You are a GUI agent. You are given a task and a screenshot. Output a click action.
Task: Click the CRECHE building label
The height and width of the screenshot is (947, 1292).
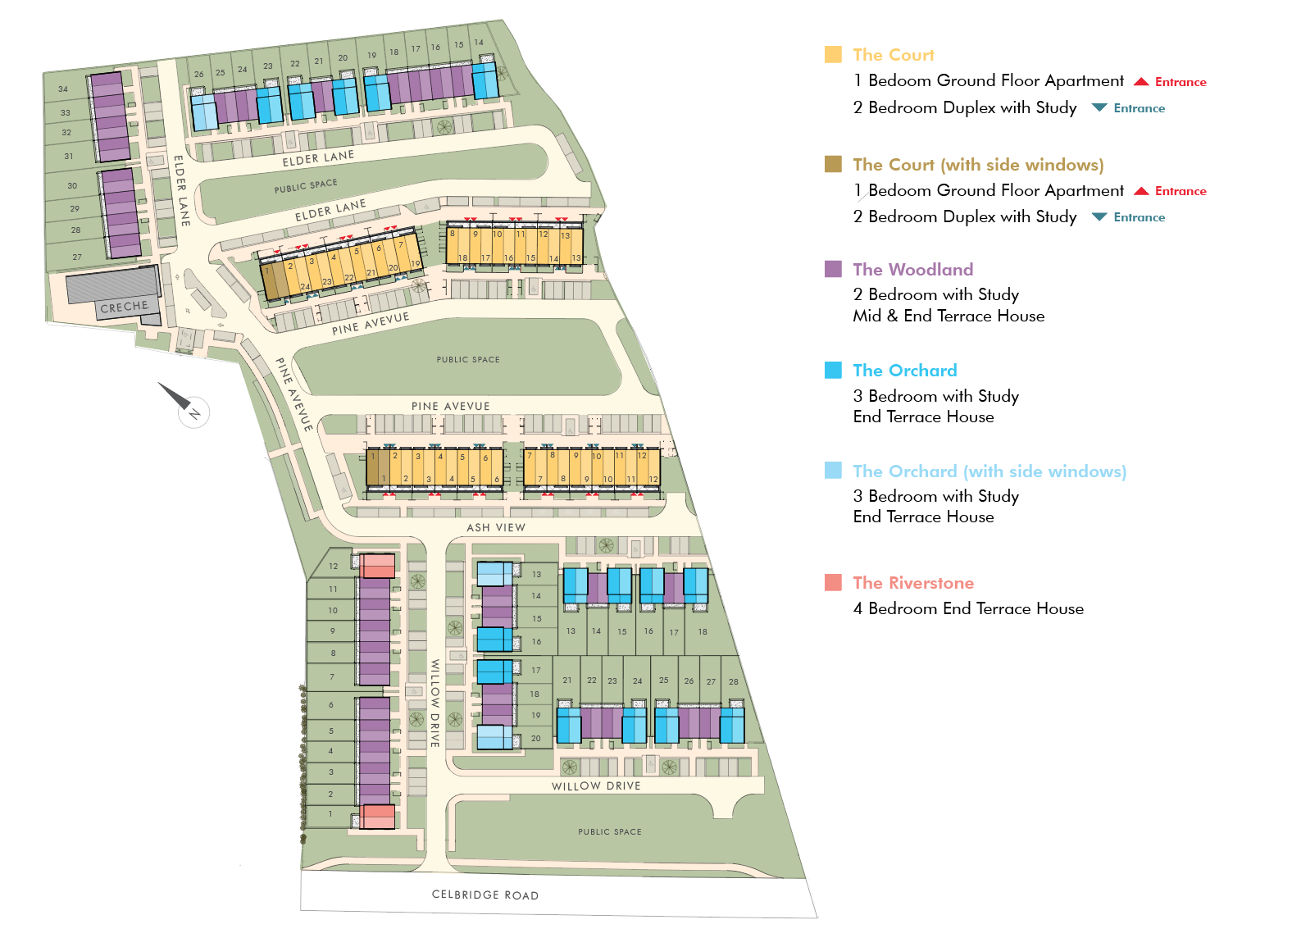pos(124,307)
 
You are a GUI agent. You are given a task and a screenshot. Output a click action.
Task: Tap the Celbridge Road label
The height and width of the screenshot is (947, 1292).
pos(485,895)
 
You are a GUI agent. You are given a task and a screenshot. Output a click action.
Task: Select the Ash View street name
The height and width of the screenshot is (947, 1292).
pos(496,528)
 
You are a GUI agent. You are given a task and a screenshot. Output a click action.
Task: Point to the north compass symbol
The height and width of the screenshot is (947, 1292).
pos(186,403)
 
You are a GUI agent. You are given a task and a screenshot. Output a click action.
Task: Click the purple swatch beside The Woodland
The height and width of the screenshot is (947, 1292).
pos(833,269)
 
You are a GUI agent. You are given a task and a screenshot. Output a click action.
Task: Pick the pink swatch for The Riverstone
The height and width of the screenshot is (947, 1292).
pos(833,582)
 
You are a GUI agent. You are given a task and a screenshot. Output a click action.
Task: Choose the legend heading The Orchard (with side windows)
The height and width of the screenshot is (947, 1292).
pos(989,471)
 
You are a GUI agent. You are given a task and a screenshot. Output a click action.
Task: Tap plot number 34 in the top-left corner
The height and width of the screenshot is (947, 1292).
pos(63,89)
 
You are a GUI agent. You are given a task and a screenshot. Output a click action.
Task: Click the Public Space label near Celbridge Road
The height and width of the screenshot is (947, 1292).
pos(610,831)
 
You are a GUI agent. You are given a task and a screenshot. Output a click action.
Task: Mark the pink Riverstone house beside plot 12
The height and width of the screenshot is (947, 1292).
pos(378,566)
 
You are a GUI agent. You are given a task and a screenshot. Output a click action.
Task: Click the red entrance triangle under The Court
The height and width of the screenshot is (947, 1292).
pos(1141,82)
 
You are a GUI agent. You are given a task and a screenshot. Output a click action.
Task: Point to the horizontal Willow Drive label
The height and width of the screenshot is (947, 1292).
pos(596,786)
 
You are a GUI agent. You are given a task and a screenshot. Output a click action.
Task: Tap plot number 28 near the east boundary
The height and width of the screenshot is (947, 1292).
pos(734,681)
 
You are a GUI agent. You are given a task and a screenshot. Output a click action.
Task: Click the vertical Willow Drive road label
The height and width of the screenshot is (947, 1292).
pos(434,703)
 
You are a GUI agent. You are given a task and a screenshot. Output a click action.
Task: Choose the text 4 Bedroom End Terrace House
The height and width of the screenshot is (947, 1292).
pos(968,608)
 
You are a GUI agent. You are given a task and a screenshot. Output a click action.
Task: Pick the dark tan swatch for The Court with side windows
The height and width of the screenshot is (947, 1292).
pos(833,164)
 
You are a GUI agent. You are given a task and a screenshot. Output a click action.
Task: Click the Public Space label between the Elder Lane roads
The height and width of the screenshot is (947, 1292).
pos(306,185)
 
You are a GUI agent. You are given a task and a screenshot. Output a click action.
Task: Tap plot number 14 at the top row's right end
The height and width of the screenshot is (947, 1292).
pos(479,42)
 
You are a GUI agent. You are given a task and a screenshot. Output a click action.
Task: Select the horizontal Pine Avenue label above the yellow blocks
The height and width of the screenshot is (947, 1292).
pos(450,406)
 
